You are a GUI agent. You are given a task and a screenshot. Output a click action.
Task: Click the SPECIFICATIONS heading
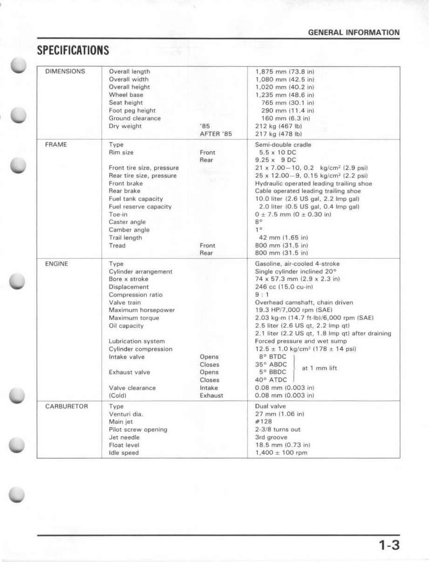tap(73, 50)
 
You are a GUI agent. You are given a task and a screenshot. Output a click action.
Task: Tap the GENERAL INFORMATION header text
tap(354, 33)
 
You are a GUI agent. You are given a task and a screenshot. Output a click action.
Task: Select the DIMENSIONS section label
tap(65, 72)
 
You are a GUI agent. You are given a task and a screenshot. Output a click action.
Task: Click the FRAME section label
tap(56, 145)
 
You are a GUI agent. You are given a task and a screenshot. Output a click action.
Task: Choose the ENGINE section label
tap(56, 264)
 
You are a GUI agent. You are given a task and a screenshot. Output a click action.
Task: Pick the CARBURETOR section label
tap(67, 406)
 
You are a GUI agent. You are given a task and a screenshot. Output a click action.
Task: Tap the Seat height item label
tap(126, 103)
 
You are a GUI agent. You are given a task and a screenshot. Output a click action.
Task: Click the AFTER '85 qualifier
tap(216, 134)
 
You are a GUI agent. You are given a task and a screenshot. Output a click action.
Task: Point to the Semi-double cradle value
tap(283, 145)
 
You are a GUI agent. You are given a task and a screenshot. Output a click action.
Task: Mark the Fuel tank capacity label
tap(136, 199)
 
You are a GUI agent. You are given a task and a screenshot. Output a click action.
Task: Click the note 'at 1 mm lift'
tap(320, 368)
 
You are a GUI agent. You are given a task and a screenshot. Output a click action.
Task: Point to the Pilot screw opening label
tap(138, 430)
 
